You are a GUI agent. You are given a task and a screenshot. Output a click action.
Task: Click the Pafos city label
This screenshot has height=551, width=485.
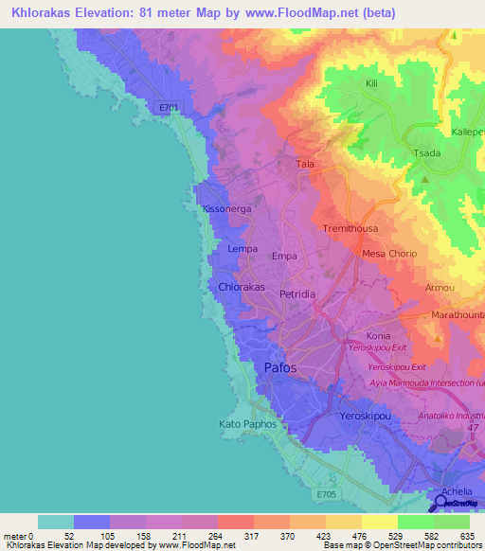279,368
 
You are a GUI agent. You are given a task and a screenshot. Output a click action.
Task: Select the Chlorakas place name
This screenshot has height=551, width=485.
242,286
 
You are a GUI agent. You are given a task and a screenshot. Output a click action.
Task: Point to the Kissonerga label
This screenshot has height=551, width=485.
222,208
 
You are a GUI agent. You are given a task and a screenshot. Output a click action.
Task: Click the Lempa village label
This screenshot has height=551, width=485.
243,249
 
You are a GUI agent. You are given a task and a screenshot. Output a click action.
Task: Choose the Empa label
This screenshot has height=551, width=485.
284,257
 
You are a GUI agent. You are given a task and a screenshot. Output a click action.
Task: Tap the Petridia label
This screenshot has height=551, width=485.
297,295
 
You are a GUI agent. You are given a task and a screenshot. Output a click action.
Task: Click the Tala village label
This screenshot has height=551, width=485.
305,164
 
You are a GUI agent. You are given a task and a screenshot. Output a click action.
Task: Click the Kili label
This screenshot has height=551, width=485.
372,83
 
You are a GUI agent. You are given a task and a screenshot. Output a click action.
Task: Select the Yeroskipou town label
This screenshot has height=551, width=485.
366,417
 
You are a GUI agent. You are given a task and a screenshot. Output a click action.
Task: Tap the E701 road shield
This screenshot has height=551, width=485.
169,108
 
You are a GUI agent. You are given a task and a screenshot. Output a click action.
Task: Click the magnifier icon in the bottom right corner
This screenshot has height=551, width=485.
442,501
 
